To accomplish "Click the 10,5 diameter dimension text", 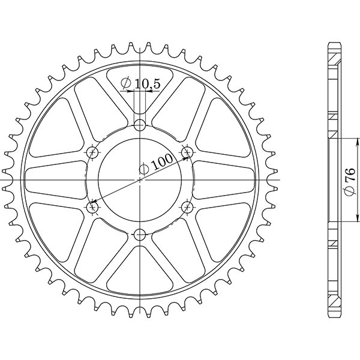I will (147, 85).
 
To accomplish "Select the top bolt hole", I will (140, 125).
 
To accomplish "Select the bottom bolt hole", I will (140, 234).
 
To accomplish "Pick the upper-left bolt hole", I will (92, 152).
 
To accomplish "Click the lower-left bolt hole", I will (92, 207).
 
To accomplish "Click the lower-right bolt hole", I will (187, 207).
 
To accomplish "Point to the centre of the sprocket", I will (140, 179).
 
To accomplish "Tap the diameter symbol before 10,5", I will (126, 83).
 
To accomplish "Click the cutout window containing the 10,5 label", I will (140, 90).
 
